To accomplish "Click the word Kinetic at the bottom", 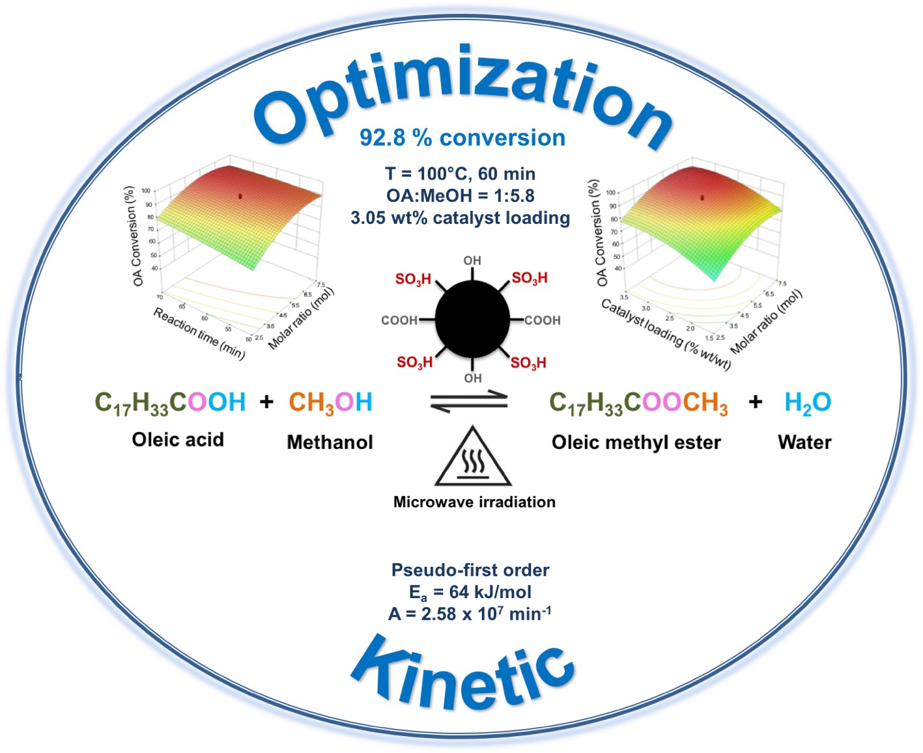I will (x=462, y=674).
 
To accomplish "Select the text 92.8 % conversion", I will (x=462, y=138).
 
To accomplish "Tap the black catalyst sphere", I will (x=472, y=320).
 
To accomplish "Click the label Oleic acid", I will (x=178, y=440).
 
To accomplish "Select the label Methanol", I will (x=330, y=443).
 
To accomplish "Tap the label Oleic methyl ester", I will (x=636, y=443).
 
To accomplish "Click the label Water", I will (x=804, y=443).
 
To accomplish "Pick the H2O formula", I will (x=808, y=403).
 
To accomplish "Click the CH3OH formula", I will (x=330, y=403).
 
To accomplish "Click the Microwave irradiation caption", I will (x=474, y=502).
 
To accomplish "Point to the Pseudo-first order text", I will (x=470, y=570).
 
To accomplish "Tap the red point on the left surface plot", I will (x=240, y=195).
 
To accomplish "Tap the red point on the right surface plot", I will (x=702, y=197).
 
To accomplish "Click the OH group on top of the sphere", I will (x=472, y=260).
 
